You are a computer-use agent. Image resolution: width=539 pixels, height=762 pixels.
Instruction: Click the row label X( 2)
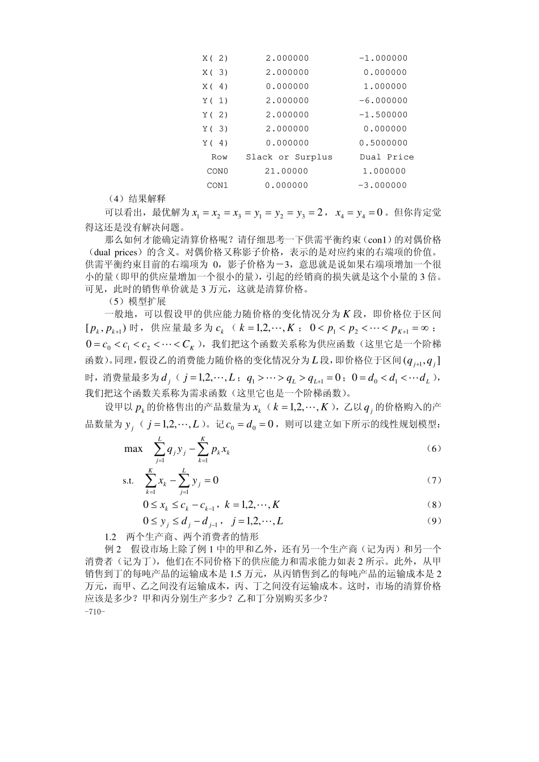215,58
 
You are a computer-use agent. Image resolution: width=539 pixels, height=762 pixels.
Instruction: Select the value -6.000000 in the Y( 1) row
383,100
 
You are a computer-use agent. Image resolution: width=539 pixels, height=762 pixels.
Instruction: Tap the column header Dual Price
386,157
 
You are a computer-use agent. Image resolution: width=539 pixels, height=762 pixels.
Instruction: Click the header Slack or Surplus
289,157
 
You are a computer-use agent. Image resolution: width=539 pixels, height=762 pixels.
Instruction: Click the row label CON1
217,185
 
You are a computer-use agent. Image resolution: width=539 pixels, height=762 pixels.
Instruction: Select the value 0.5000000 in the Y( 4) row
383,143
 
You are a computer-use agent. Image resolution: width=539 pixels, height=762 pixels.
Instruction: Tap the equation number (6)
433,448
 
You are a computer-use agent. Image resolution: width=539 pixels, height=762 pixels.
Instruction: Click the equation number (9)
433,521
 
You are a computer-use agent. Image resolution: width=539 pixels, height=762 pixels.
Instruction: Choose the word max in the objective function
133,449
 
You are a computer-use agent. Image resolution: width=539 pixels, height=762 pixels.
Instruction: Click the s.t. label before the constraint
128,481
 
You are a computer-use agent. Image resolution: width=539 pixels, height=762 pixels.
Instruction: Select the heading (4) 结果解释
136,199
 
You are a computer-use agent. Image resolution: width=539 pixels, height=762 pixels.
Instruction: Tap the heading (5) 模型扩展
136,301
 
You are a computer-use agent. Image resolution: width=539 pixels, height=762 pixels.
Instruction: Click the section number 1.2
111,536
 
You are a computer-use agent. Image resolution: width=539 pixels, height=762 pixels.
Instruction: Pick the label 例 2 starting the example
113,549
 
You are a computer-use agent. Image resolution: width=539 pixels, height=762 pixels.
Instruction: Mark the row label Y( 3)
215,129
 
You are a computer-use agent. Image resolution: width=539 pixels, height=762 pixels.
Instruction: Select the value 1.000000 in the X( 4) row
385,86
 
